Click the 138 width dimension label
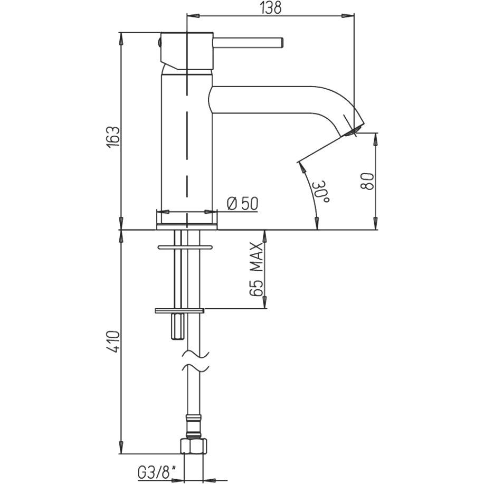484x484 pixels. (x=271, y=8)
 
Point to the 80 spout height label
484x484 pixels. (x=367, y=182)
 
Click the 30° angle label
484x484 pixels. (x=321, y=192)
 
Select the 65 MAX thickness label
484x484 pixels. (x=257, y=270)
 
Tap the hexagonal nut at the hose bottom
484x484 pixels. (x=193, y=445)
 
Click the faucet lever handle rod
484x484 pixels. (x=248, y=43)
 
